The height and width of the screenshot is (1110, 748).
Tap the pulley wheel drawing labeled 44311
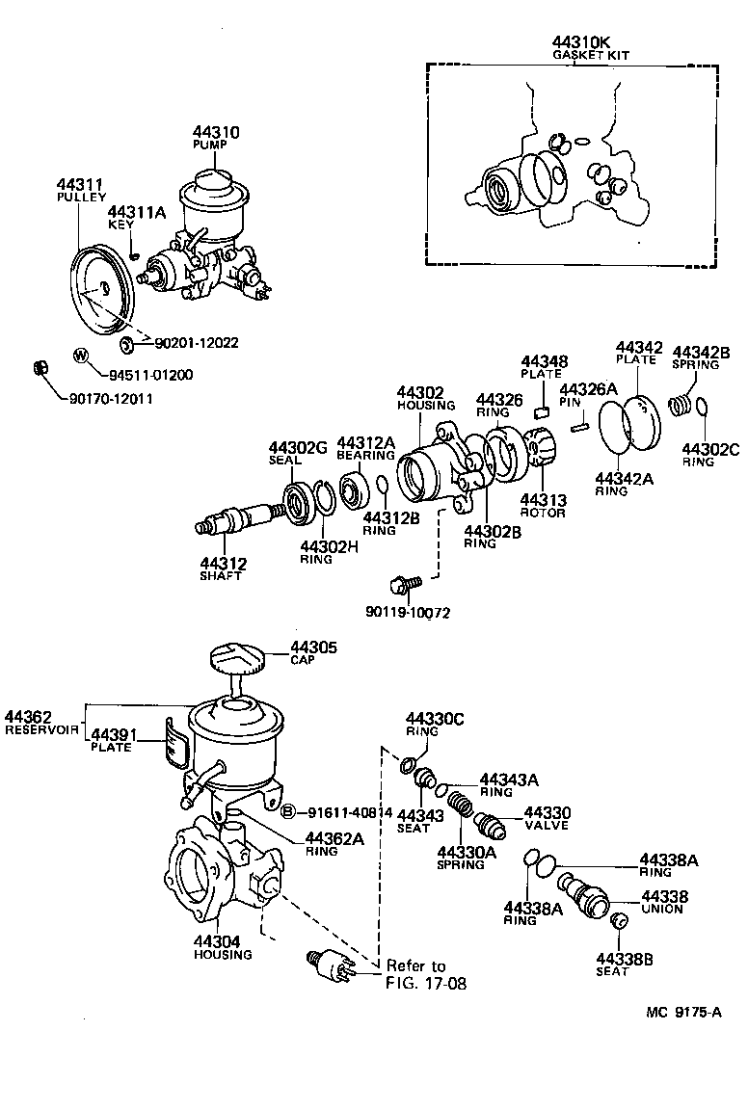click(101, 290)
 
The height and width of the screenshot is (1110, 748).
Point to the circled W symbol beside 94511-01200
click(81, 356)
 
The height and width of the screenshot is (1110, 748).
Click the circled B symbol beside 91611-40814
click(286, 811)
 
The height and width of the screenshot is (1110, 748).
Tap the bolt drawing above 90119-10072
click(401, 584)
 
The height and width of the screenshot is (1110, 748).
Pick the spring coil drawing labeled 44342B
click(682, 394)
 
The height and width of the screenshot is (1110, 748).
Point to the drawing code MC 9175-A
click(683, 1013)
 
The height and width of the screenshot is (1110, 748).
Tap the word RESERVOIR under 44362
click(40, 729)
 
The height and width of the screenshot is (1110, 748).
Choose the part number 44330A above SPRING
click(467, 852)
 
